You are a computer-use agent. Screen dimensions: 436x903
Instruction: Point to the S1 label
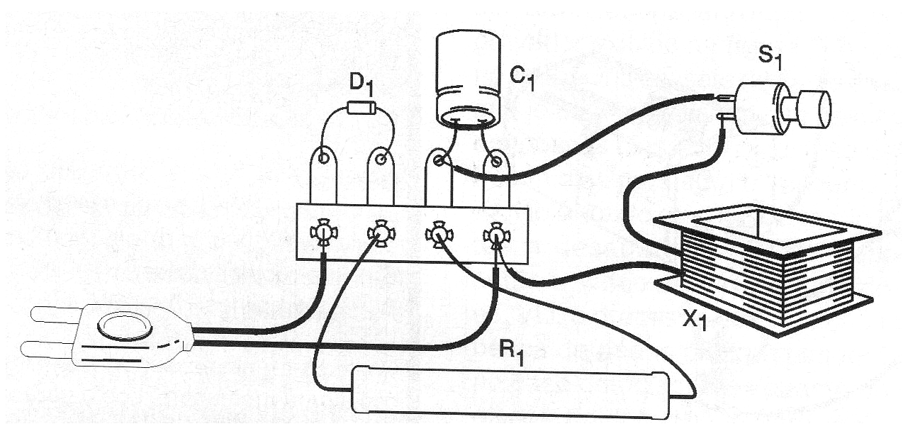773,57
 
